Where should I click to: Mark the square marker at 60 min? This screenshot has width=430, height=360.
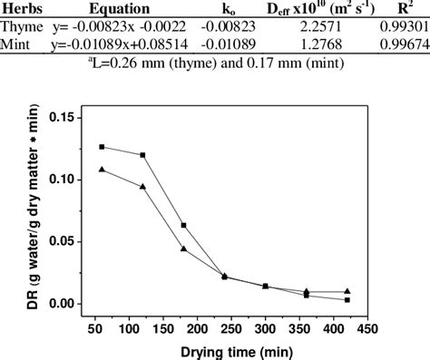102,146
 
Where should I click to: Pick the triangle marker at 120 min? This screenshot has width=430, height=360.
143,187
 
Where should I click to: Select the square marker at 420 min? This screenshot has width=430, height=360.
348,299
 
